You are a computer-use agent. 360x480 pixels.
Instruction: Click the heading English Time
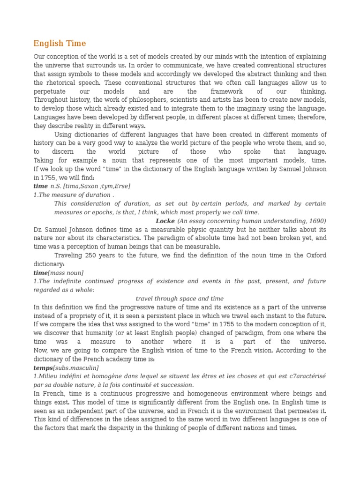[60, 44]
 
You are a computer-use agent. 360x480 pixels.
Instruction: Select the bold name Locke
[165, 221]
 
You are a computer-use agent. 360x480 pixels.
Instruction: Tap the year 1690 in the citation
[316, 221]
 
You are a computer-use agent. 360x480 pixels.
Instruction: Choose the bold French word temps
[43, 368]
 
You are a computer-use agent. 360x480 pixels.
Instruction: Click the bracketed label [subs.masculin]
[75, 368]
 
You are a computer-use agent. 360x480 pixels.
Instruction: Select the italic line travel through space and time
[180, 299]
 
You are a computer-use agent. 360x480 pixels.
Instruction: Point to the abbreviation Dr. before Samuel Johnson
[38, 230]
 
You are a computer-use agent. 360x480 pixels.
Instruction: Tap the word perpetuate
[50, 91]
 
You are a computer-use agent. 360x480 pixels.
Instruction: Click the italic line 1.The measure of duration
[74, 195]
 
